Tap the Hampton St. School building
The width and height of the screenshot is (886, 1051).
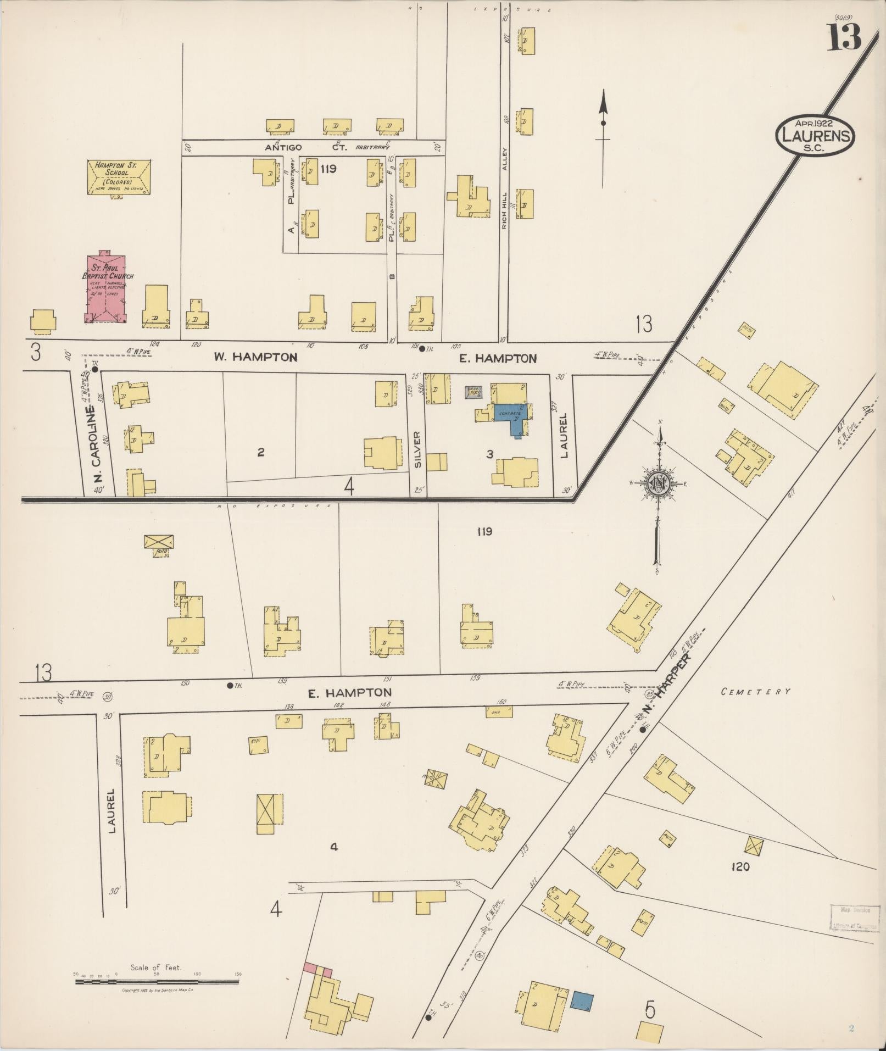pyautogui.click(x=119, y=177)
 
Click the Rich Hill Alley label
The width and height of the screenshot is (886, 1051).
pyautogui.click(x=506, y=187)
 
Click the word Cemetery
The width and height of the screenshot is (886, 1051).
pyautogui.click(x=755, y=692)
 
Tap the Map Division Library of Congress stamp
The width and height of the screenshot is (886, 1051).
pyautogui.click(x=852, y=917)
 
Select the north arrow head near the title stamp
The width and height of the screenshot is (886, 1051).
pyautogui.click(x=603, y=102)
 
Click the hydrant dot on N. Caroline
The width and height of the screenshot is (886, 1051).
pyautogui.click(x=94, y=370)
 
